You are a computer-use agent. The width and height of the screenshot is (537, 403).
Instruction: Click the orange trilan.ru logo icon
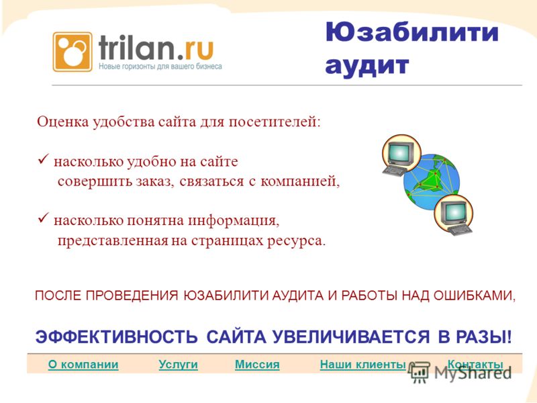[72, 52]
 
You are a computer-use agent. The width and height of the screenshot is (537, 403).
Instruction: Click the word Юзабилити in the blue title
[411, 32]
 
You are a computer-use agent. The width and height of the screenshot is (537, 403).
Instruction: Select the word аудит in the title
[367, 65]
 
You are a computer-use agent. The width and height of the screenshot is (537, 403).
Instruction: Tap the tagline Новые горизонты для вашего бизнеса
[160, 66]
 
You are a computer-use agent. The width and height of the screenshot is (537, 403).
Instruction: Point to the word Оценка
[62, 122]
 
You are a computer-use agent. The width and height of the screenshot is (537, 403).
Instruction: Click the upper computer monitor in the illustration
[400, 153]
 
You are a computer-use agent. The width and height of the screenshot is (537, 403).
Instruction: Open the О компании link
[83, 364]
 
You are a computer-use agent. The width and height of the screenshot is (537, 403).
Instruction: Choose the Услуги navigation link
[178, 364]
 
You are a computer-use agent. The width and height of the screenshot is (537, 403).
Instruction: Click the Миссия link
[257, 364]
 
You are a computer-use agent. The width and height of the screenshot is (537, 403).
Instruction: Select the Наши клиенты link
[363, 364]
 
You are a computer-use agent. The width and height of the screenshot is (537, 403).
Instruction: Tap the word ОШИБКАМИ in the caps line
[475, 296]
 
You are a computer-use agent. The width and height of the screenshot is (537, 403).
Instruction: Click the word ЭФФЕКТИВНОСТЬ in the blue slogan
[116, 337]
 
